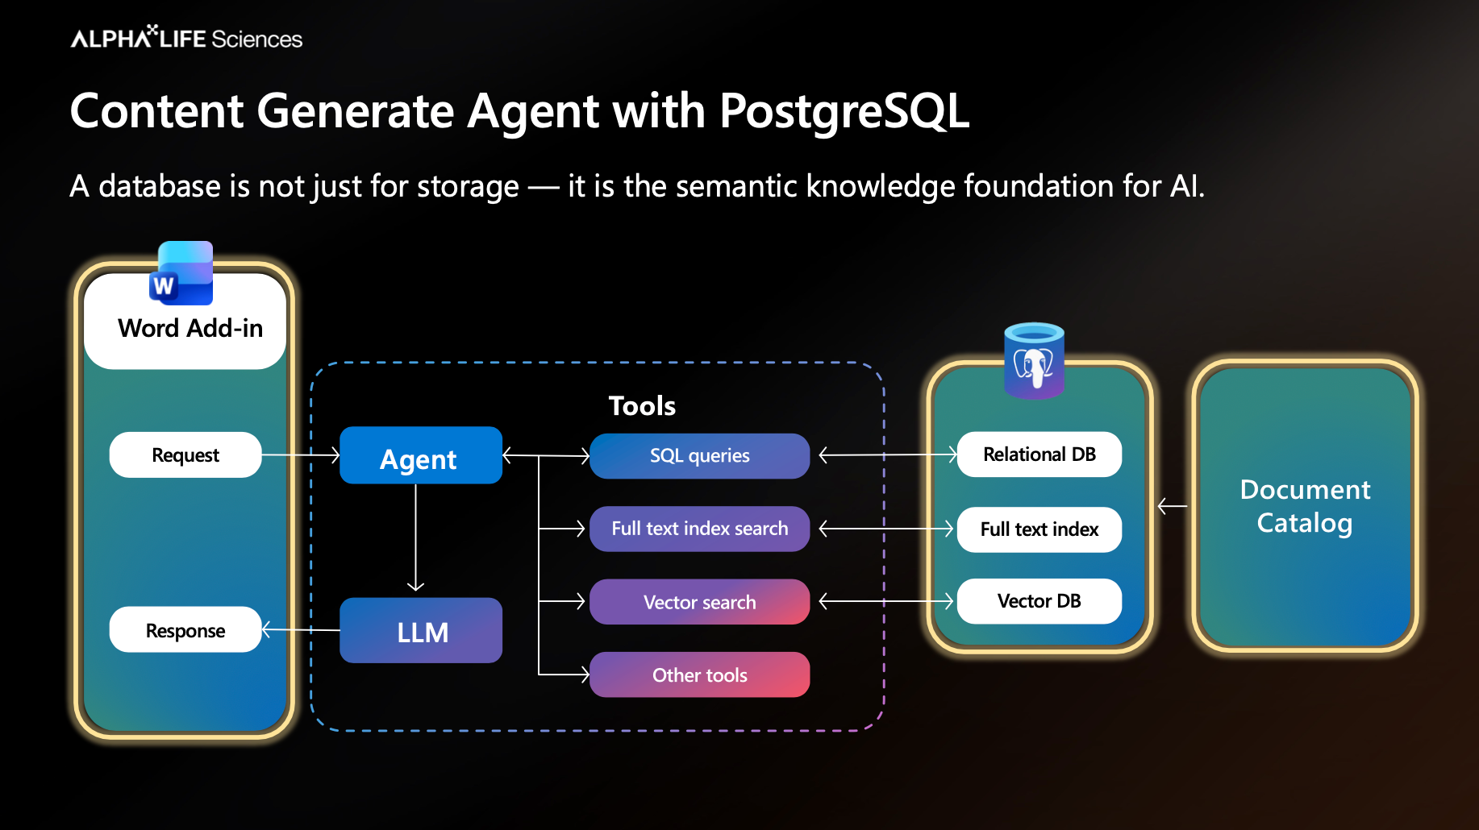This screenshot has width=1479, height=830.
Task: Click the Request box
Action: tap(185, 455)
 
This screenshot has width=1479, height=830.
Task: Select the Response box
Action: tap(185, 630)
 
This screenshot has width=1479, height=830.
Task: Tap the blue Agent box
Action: tap(420, 456)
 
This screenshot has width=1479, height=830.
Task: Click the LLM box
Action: tap(420, 631)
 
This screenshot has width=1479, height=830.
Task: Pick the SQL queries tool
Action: tap(699, 456)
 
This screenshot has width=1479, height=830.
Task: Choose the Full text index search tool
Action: tap(699, 529)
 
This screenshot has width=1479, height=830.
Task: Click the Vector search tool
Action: tap(699, 602)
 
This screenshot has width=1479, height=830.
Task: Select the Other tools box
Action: tap(699, 675)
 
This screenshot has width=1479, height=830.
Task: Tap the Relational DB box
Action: tap(1039, 454)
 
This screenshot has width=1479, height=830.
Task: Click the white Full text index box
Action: tap(1039, 529)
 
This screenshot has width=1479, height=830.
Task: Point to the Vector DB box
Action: tap(1039, 601)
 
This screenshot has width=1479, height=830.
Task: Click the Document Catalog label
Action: tap(1305, 506)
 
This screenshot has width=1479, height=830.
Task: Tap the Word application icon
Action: tap(182, 274)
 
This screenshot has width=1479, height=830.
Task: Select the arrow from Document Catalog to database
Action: tap(1172, 506)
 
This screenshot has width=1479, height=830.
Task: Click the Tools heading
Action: tap(642, 405)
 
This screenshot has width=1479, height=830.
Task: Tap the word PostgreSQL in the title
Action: tap(844, 110)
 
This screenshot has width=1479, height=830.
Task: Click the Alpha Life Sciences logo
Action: tap(186, 38)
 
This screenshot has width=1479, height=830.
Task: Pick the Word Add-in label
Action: tap(190, 329)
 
